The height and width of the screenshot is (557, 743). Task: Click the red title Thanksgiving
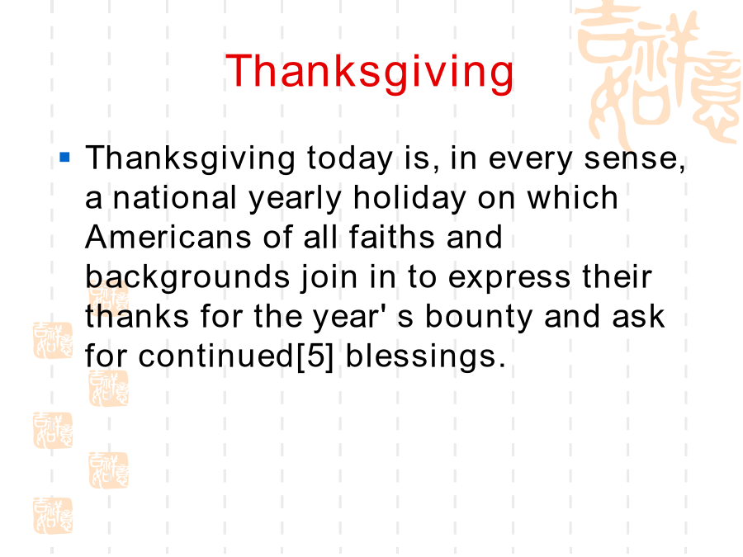pos(370,72)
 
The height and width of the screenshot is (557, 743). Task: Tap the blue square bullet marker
pos(65,157)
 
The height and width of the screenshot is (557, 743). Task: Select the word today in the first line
pos(350,158)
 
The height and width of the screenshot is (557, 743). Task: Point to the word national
pos(175,197)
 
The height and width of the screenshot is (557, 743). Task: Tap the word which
pos(572,197)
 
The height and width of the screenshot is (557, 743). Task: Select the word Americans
pos(168,237)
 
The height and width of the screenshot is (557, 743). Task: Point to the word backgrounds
pos(187,278)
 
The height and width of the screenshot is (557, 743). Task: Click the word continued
pos(216,356)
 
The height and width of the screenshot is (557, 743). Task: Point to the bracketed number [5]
pos(315,356)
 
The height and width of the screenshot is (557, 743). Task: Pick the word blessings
pos(421,357)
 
